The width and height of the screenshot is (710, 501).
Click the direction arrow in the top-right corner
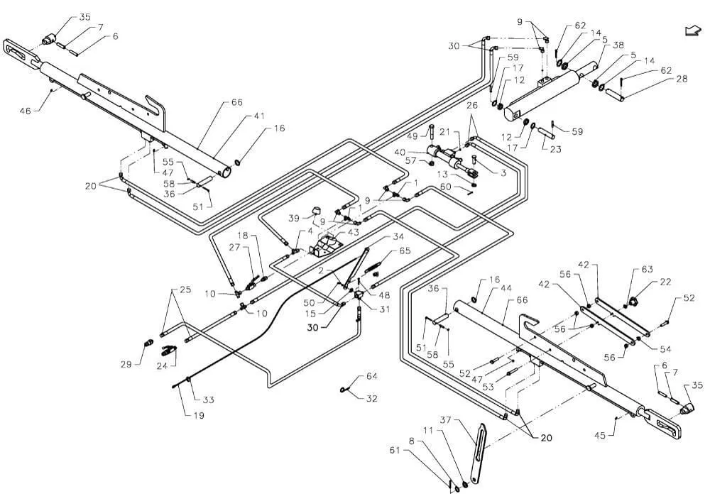coord(693,31)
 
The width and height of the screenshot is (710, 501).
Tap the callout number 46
coord(26,111)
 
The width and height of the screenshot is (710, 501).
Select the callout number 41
coord(259,116)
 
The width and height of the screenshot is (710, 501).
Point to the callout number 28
coord(682,79)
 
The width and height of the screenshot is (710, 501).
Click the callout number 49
coord(413,137)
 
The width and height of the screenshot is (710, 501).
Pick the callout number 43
coord(353,232)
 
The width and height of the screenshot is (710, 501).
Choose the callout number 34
coord(398,237)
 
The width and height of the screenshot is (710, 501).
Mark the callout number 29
coord(126,364)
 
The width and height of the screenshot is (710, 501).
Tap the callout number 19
coord(199,415)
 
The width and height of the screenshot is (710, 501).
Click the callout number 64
coord(372,376)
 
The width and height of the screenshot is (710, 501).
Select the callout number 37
coord(446,420)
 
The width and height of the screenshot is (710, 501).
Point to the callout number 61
coord(395,450)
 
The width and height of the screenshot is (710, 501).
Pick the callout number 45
coord(600,436)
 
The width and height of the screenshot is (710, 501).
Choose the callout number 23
coord(556,149)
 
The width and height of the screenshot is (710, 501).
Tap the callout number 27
coord(234,247)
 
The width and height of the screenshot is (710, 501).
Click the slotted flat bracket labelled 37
coord(478,453)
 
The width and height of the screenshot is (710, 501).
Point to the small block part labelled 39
coord(316,211)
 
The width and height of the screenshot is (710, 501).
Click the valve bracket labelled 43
coord(325,247)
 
